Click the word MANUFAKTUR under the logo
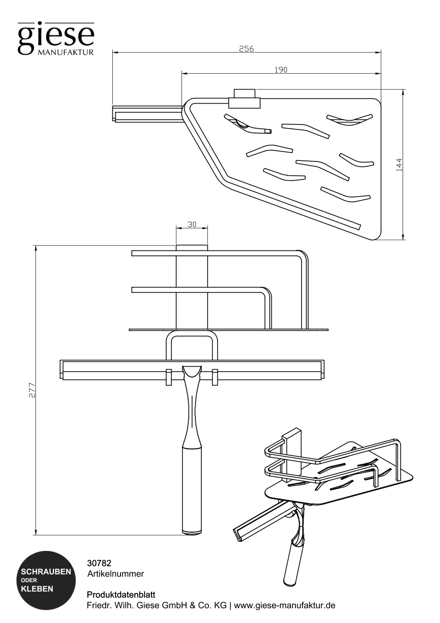click(x=65, y=53)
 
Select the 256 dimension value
click(x=246, y=48)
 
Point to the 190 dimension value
click(x=281, y=70)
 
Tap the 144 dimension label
click(x=399, y=165)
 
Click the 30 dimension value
click(x=192, y=224)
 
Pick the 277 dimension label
click(x=32, y=390)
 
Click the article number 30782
click(x=99, y=563)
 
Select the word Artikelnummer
click(x=115, y=574)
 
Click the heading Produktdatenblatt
click(x=121, y=595)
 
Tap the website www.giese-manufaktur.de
click(x=285, y=606)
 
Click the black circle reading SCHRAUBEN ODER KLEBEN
click(x=46, y=580)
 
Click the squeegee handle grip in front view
click(x=192, y=488)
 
